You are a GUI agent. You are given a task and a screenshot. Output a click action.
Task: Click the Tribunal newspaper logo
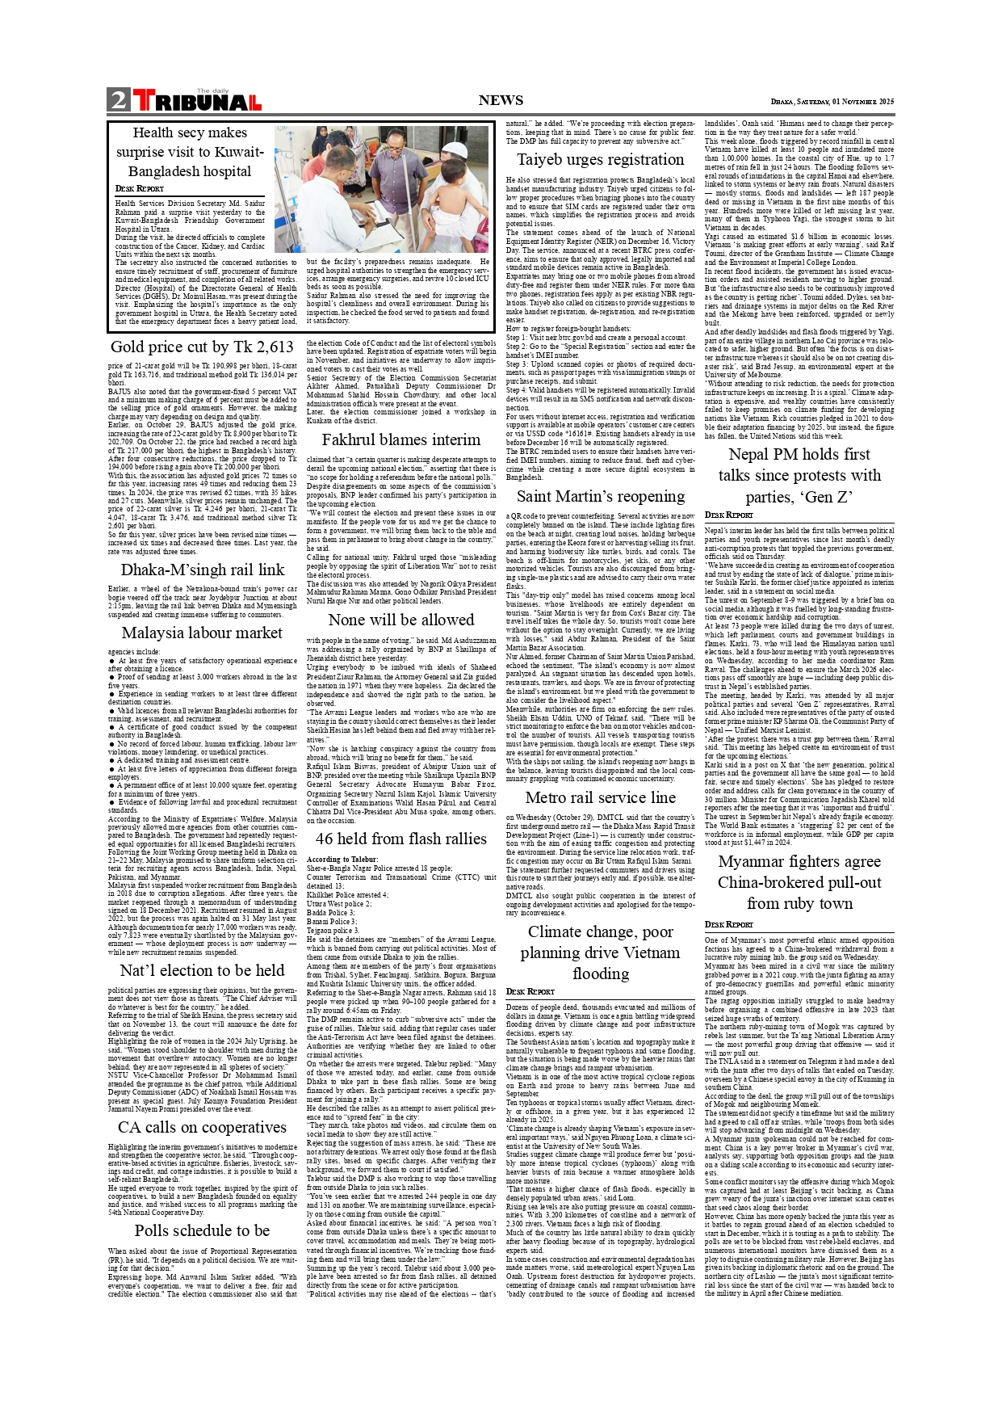pyautogui.click(x=197, y=101)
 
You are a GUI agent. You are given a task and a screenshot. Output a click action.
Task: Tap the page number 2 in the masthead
pyautogui.click(x=119, y=100)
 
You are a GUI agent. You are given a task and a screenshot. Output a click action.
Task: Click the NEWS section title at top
pyautogui.click(x=501, y=100)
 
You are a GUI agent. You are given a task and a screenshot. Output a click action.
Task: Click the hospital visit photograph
pyautogui.click(x=382, y=189)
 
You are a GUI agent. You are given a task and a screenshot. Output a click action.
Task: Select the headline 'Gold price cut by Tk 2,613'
pyautogui.click(x=202, y=347)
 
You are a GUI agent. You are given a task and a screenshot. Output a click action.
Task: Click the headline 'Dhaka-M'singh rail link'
pyautogui.click(x=202, y=570)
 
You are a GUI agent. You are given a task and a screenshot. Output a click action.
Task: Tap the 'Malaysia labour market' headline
pyautogui.click(x=202, y=633)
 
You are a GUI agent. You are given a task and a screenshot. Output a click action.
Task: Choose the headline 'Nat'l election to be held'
pyautogui.click(x=202, y=970)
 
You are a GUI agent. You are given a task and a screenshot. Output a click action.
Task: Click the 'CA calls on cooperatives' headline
pyautogui.click(x=202, y=1127)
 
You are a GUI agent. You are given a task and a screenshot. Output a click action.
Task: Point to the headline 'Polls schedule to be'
pyautogui.click(x=202, y=1230)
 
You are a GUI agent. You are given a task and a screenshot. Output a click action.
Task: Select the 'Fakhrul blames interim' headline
pyautogui.click(x=401, y=439)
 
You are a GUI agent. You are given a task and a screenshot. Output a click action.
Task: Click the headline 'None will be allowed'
pyautogui.click(x=401, y=620)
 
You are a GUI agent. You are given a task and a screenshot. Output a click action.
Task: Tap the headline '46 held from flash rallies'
pyautogui.click(x=401, y=839)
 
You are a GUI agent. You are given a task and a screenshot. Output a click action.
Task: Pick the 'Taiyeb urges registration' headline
pyautogui.click(x=601, y=159)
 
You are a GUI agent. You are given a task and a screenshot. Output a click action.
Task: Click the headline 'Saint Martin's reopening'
pyautogui.click(x=601, y=496)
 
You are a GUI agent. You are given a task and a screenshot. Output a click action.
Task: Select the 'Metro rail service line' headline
pyautogui.click(x=601, y=797)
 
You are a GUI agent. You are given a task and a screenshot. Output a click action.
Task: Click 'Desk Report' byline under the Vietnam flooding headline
pyautogui.click(x=530, y=991)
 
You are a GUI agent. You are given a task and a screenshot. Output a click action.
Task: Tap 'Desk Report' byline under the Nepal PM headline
pyautogui.click(x=728, y=515)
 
